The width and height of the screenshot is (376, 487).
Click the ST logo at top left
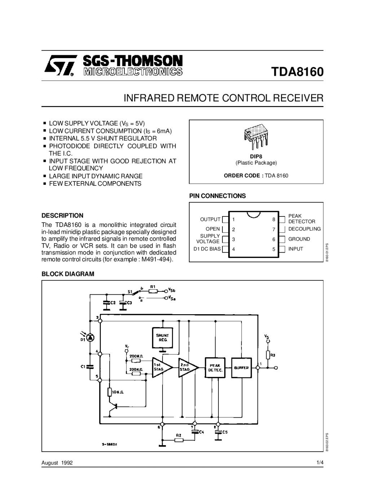[60, 65]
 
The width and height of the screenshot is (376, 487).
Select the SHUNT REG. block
[162, 338]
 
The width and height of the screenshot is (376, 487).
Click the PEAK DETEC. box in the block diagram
[215, 368]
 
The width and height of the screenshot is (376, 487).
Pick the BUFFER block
[241, 368]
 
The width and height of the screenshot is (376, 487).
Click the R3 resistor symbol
[268, 355]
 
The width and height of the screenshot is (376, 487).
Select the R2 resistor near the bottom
[178, 440]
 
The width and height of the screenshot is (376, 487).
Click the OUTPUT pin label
[210, 219]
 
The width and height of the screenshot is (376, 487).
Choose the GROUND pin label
[299, 239]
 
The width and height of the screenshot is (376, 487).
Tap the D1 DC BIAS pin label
[207, 249]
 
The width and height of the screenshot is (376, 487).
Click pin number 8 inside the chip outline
[274, 219]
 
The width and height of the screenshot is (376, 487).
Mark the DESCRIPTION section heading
[62, 215]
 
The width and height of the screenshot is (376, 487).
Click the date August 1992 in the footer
[57, 463]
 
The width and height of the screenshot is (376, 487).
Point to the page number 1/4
[320, 463]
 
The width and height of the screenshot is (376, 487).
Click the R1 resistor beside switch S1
[152, 291]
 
